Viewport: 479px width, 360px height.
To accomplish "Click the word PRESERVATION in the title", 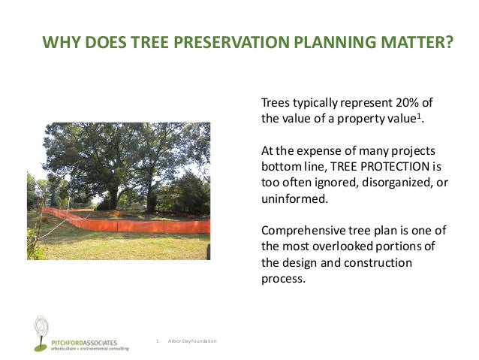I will pos(218,44).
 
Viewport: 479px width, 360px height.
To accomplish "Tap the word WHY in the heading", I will pos(59,44).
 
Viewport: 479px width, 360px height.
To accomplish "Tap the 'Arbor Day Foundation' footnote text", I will pos(192,341).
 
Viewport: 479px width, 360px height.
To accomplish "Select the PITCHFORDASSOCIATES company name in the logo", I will pos(83,342).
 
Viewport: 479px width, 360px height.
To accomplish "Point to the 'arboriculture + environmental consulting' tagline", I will pos(83,349).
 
